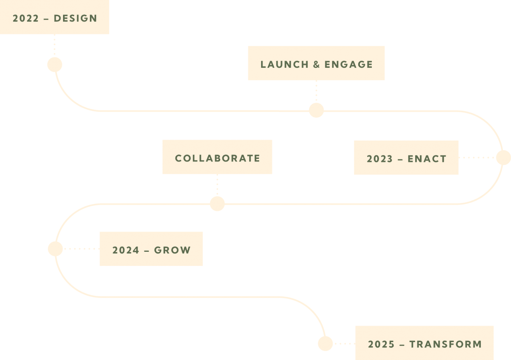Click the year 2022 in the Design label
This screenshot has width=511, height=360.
coord(26,19)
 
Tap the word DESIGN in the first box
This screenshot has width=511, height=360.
coord(75,19)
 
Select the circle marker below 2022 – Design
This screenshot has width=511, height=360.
coord(55,65)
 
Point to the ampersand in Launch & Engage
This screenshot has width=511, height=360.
coord(316,65)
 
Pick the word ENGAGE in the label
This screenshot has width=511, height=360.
coord(348,65)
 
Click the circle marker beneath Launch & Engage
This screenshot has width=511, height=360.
coord(316,110)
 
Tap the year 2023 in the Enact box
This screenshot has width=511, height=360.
coord(379,159)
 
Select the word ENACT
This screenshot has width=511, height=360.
coord(427,159)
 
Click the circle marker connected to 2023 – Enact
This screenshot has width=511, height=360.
coord(503,158)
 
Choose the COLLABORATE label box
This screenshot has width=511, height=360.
coord(217,157)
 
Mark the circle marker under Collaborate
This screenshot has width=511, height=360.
coord(217,204)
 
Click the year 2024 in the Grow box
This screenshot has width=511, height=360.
coord(126,250)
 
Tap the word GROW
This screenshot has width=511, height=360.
coord(172,250)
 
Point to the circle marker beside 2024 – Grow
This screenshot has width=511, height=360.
coord(55,249)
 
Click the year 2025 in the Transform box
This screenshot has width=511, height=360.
coord(381,344)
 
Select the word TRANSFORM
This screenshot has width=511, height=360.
coord(445,344)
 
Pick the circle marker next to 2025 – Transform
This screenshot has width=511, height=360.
coord(325,343)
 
